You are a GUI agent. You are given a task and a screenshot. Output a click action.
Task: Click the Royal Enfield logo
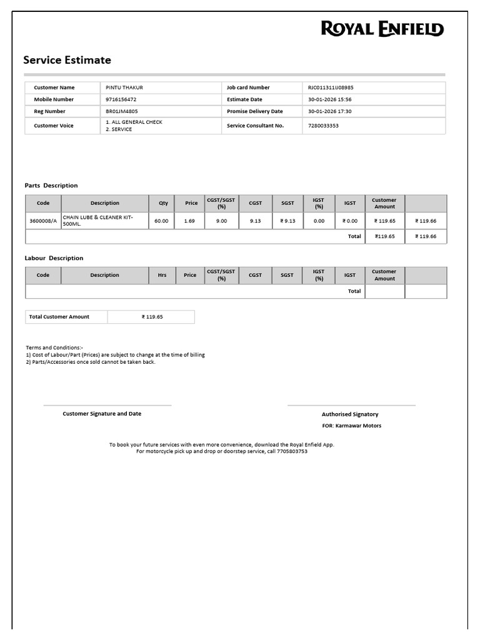click(x=382, y=29)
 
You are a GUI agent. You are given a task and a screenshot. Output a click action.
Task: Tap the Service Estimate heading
click(x=67, y=60)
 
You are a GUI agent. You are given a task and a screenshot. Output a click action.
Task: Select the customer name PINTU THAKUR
click(x=124, y=87)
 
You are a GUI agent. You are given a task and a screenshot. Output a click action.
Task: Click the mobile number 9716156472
click(x=121, y=99)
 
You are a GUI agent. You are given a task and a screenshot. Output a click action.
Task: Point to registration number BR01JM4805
click(x=122, y=111)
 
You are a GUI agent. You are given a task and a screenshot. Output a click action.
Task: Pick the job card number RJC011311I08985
click(x=331, y=87)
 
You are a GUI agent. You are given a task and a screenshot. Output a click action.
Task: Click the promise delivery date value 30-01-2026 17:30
click(x=329, y=111)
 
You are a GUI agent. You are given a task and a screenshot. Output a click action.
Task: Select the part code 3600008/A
click(x=43, y=221)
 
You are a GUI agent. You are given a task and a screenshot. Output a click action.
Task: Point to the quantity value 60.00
click(x=161, y=221)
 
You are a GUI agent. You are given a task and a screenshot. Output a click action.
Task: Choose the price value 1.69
click(x=189, y=221)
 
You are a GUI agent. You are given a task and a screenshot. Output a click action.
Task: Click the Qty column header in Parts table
click(x=163, y=203)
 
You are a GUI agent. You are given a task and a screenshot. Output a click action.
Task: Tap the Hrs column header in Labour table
click(x=162, y=275)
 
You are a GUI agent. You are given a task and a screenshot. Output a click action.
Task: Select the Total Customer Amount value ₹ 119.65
click(x=152, y=317)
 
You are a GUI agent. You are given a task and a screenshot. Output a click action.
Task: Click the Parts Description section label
click(x=51, y=186)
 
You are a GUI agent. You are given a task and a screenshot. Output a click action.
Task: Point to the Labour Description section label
click(x=54, y=258)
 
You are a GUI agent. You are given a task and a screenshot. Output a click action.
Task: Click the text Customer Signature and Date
click(x=102, y=414)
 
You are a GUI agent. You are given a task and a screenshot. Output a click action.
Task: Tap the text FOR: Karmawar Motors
click(x=351, y=426)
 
